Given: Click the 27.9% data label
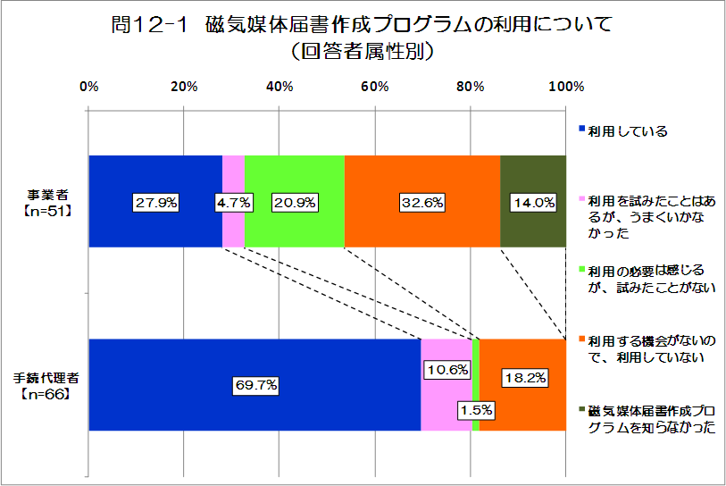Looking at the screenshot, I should (155, 203).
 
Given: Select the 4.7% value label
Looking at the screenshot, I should (233, 203).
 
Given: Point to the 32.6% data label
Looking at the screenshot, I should (422, 203).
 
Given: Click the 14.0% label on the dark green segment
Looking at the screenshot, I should (533, 203).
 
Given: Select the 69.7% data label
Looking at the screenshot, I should (256, 386).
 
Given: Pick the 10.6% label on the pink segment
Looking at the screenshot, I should (446, 368).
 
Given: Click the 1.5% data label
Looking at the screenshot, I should (475, 410).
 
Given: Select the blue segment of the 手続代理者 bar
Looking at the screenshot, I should (255, 357).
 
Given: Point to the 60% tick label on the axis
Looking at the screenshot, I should (374, 87).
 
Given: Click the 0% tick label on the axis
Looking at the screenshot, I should (88, 87).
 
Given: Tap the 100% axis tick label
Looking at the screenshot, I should (565, 87).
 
